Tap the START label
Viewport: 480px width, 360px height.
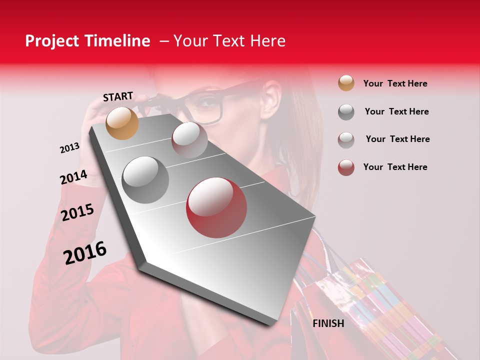(118, 96)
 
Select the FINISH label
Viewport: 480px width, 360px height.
(328, 323)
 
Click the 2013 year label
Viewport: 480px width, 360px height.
(69, 148)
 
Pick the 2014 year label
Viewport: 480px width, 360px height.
(73, 177)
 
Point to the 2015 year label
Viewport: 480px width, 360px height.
(77, 212)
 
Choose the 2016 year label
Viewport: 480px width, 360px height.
(85, 252)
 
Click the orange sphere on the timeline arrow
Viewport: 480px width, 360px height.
(122, 123)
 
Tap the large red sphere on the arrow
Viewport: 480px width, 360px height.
(216, 207)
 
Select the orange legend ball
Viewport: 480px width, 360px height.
(346, 83)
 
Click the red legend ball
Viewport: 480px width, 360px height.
(346, 167)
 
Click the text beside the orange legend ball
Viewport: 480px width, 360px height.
(395, 83)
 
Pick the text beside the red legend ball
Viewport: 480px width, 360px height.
(395, 167)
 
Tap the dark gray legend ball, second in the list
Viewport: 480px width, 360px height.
(346, 111)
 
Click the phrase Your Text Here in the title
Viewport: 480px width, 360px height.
(229, 41)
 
